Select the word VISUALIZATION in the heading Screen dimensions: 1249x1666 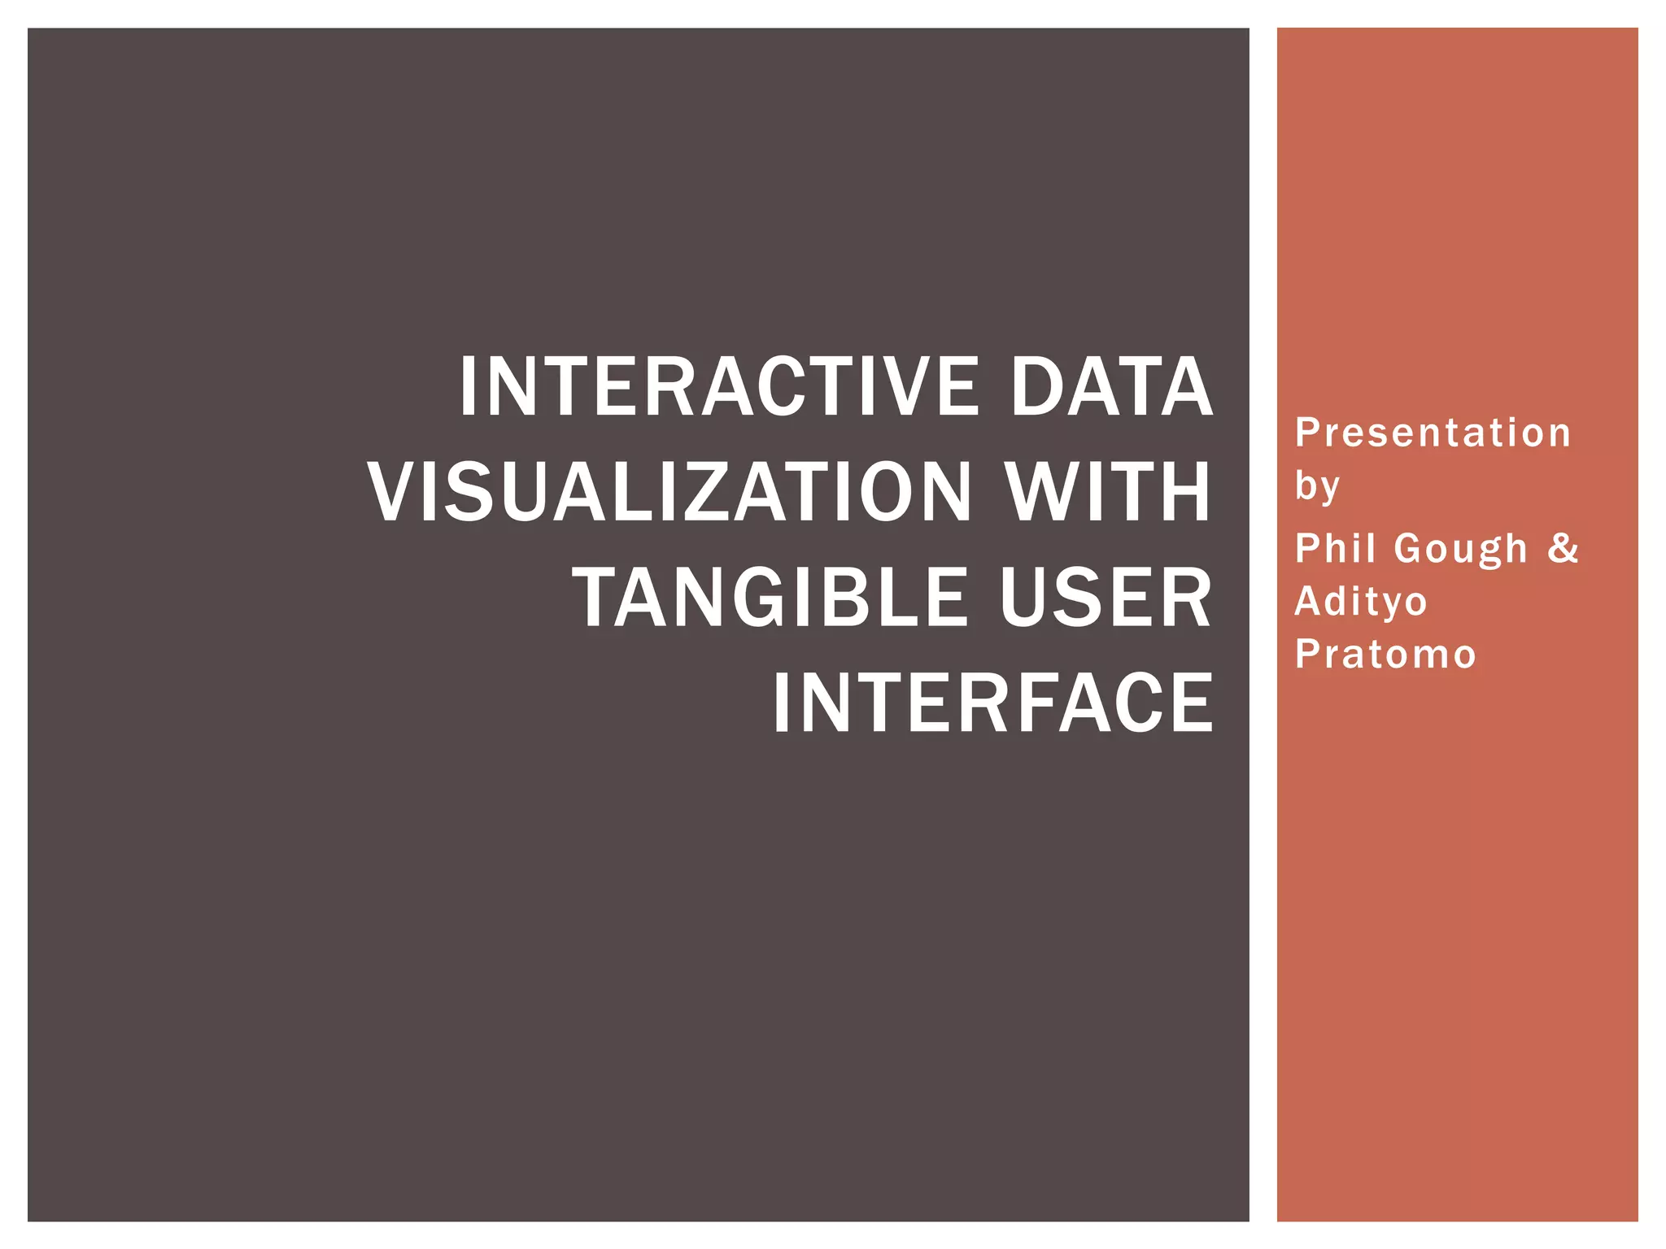point(669,493)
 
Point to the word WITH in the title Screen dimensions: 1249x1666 point(1108,493)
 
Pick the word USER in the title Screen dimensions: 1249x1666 point(1106,598)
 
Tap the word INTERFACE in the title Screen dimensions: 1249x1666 point(992,704)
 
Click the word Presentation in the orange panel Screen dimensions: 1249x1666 point(1433,433)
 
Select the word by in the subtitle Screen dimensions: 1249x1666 point(1316,486)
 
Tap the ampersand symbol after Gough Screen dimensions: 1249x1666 point(1563,548)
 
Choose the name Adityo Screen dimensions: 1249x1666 point(1361,602)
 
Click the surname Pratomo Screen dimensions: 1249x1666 point(1385,655)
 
